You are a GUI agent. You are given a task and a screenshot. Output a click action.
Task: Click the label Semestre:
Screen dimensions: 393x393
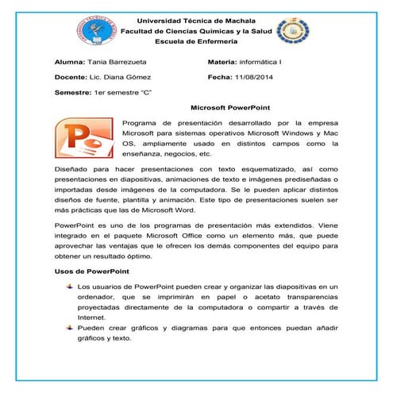click(73, 93)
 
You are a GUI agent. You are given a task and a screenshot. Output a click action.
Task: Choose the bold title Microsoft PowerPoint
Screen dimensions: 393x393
click(231, 107)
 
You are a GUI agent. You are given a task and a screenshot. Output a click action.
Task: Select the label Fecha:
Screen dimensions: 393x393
click(219, 77)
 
